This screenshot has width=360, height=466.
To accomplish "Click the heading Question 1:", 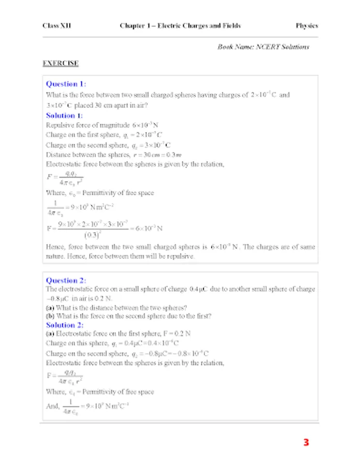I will pos(66,84).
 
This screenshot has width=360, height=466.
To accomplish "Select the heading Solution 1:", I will pos(64,115).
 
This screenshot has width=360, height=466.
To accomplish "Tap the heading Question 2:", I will pos(66,281).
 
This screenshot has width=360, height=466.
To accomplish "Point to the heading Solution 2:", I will pos(64,325).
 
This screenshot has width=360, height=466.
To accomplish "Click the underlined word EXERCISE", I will pos(61,63).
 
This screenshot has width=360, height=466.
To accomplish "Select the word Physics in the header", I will pos(307,25).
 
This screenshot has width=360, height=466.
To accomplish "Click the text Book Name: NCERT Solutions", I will pos(263,47).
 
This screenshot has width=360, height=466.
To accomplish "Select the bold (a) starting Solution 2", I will pos(50,334).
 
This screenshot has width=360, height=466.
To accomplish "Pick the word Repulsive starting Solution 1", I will pos(58,125).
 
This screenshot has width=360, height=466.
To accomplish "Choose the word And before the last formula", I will pos(52,406).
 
